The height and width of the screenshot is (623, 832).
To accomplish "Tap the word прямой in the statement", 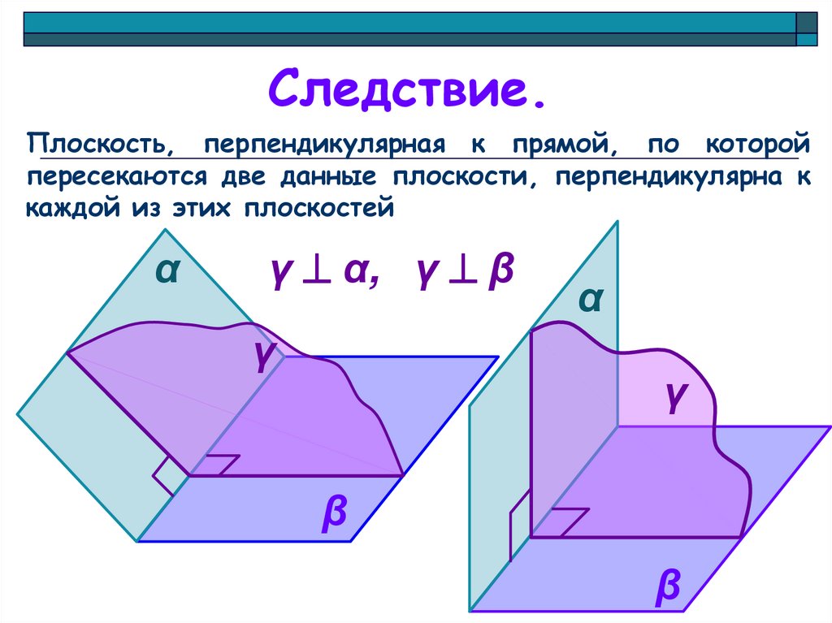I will click(561, 146).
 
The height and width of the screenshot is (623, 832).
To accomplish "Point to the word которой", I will click(756, 146).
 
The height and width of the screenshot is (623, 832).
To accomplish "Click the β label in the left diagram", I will click(334, 513).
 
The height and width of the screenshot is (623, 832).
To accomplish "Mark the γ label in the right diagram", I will click(674, 398).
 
